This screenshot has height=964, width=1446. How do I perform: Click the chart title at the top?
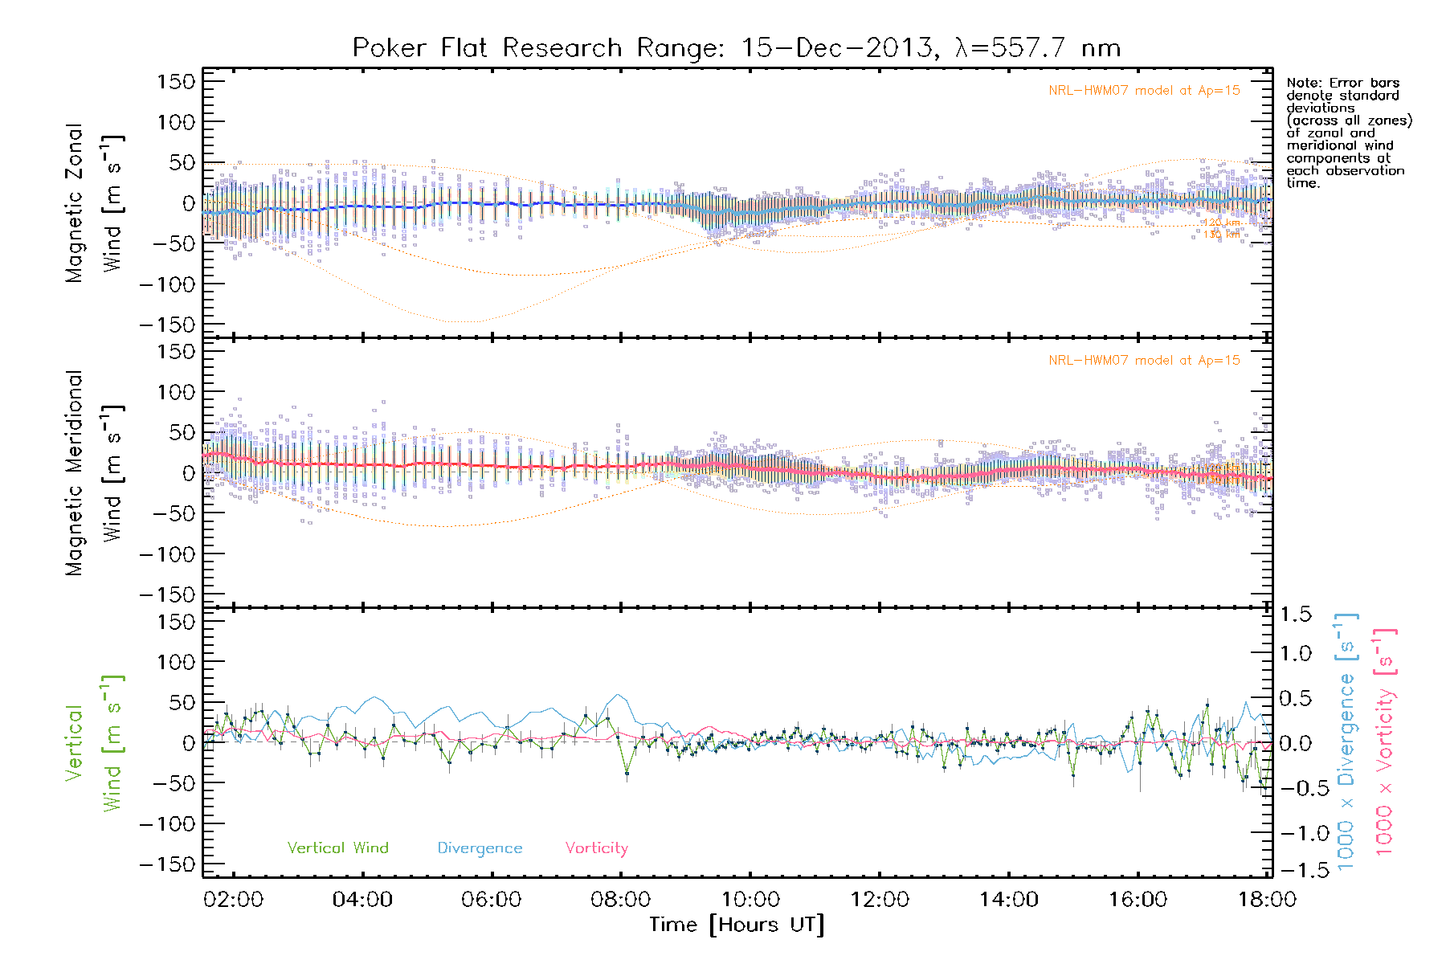click(x=736, y=48)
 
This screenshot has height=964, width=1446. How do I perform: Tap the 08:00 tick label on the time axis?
click(x=621, y=899)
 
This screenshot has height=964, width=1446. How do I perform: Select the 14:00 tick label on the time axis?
click(x=1008, y=899)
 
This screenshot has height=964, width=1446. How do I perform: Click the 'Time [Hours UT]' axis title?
click(x=737, y=925)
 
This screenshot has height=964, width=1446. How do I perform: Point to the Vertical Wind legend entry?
click(x=337, y=848)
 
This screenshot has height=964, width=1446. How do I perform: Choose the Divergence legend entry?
click(x=480, y=848)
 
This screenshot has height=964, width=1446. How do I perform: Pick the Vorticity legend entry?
click(x=596, y=848)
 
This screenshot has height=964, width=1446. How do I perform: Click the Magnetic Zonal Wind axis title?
click(x=94, y=203)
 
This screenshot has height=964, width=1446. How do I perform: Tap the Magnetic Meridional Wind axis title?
click(x=94, y=473)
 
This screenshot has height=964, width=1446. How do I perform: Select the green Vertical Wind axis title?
click(x=94, y=743)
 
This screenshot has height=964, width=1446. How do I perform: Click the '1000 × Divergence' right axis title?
click(x=1346, y=741)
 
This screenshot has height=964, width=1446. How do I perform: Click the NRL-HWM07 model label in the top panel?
click(x=1144, y=90)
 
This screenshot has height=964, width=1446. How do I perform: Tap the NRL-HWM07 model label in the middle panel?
click(x=1144, y=360)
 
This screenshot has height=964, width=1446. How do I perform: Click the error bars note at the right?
click(x=1348, y=133)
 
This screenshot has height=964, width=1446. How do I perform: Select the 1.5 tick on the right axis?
click(x=1295, y=615)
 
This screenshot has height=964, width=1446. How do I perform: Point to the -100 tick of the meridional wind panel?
click(x=168, y=553)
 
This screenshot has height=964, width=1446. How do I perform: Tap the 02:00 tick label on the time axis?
click(x=233, y=899)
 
